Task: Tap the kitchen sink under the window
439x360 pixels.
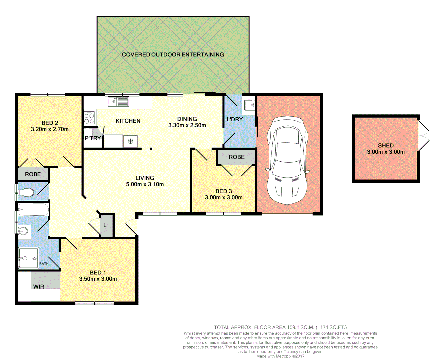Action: pyautogui.click(x=118, y=101)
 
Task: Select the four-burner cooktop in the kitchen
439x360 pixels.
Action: pyautogui.click(x=89, y=118)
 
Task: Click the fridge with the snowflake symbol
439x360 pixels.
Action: pyautogui.click(x=130, y=141)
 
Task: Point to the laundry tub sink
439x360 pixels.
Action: pyautogui.click(x=250, y=105)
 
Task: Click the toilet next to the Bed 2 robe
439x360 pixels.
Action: pyautogui.click(x=26, y=192)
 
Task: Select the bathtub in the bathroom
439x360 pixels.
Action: pyautogui.click(x=33, y=210)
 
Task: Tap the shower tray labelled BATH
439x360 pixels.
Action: pyautogui.click(x=29, y=258)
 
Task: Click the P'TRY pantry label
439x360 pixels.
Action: pyautogui.click(x=93, y=138)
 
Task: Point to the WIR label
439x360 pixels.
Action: pyautogui.click(x=39, y=286)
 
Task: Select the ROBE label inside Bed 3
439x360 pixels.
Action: pyautogui.click(x=236, y=157)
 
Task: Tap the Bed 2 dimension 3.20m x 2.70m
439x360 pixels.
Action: pyautogui.click(x=50, y=129)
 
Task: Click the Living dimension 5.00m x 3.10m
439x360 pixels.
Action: pyautogui.click(x=145, y=184)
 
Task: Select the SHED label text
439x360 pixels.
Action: pyautogui.click(x=386, y=145)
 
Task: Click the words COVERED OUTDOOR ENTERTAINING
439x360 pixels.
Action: pyautogui.click(x=173, y=54)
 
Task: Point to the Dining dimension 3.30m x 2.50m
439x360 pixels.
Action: pyautogui.click(x=187, y=125)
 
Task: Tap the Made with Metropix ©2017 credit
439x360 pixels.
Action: pyautogui.click(x=280, y=356)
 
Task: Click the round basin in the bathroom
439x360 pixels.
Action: pyautogui.click(x=23, y=231)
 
